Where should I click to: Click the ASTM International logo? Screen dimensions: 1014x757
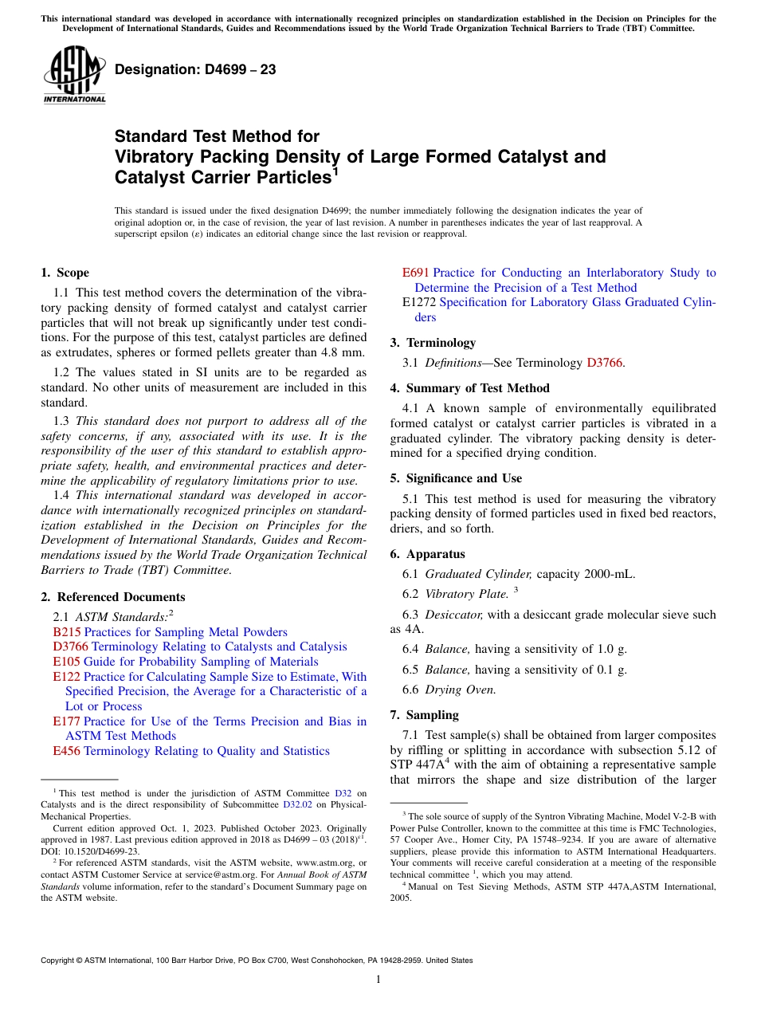coord(74,75)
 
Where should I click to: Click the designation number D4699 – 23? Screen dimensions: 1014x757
coord(195,69)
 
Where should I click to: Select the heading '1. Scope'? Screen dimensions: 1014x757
coord(65,273)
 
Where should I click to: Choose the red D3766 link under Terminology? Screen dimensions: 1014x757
coord(606,363)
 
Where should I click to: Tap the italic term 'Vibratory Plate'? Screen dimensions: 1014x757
coord(466,594)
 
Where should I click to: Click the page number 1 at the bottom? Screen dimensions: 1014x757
coord(378,979)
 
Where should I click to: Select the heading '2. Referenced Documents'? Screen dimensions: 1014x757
coord(113,597)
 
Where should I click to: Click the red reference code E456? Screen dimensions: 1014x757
coord(66,751)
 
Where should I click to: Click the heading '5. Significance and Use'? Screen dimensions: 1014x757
coord(457,478)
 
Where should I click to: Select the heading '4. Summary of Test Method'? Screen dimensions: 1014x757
coord(470,388)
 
